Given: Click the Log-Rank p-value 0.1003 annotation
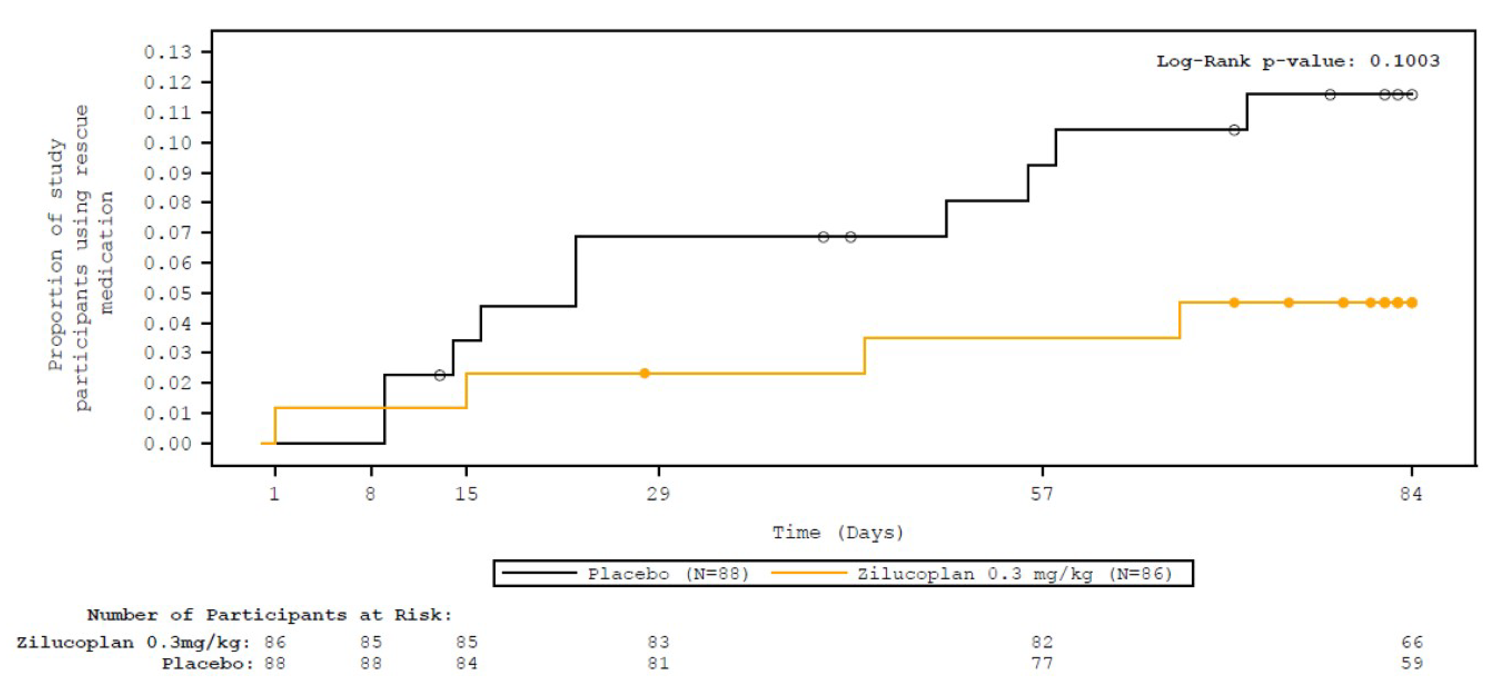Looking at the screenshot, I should [x=1298, y=61].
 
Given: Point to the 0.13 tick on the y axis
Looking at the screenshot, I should [x=168, y=52].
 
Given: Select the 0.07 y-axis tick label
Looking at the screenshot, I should [x=168, y=233].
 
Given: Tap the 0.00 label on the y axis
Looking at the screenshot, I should [x=168, y=444].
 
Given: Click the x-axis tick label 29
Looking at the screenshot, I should [x=659, y=494].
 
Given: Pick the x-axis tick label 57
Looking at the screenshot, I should [x=1042, y=494].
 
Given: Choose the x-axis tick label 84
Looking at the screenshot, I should [x=1411, y=494].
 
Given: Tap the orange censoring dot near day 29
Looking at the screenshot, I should [x=644, y=373].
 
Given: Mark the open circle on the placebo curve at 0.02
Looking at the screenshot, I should [x=440, y=375].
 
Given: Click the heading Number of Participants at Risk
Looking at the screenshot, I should [x=269, y=615].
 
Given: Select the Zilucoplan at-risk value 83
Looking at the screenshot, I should [x=659, y=642].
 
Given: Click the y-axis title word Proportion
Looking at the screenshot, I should [x=56, y=312].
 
